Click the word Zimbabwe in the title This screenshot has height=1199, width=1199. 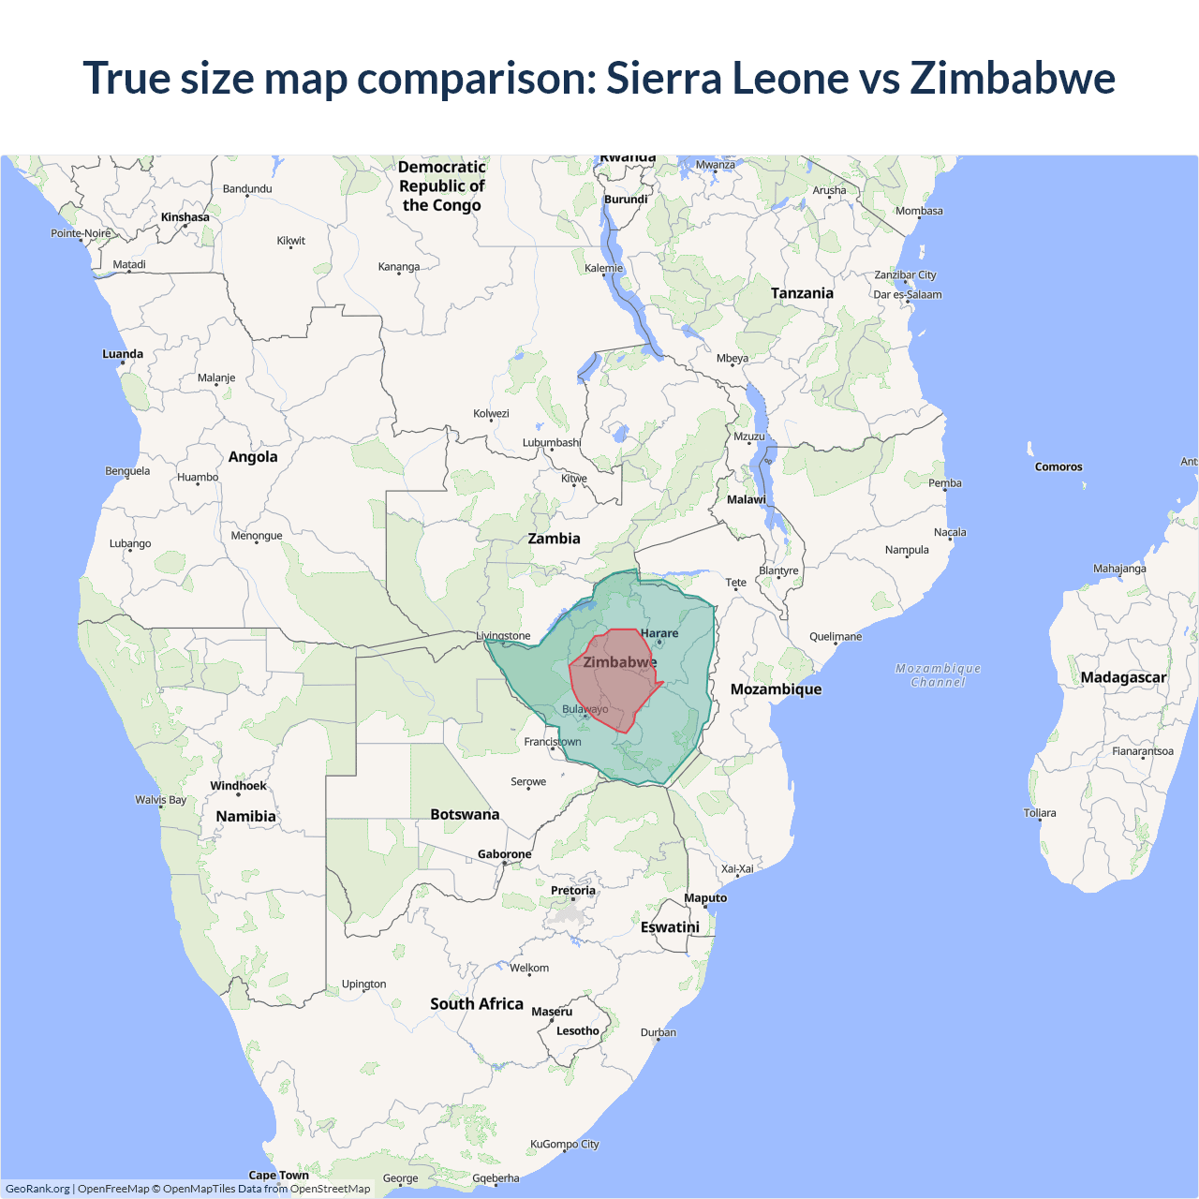tap(1013, 78)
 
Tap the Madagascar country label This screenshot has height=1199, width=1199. tap(1123, 677)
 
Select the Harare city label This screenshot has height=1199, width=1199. tap(659, 634)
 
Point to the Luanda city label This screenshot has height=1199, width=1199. tap(123, 354)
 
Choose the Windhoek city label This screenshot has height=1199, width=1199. tap(238, 786)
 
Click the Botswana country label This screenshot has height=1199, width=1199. tap(465, 815)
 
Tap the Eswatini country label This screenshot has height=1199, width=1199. tap(670, 927)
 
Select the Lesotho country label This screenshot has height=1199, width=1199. tap(577, 1031)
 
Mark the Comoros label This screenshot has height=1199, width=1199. tap(1058, 466)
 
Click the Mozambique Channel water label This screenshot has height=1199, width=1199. tap(938, 675)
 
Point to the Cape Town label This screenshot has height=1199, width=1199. tap(278, 1176)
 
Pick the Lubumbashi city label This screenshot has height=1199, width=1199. tap(552, 443)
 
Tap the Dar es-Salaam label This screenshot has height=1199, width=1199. tap(908, 295)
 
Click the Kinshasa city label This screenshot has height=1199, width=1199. tap(185, 217)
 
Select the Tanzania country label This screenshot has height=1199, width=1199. tap(802, 293)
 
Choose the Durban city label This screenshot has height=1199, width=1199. tap(659, 1033)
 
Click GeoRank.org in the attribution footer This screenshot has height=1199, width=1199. tap(37, 1189)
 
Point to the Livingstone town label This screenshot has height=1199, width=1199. tap(504, 636)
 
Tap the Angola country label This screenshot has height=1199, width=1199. tap(253, 457)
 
